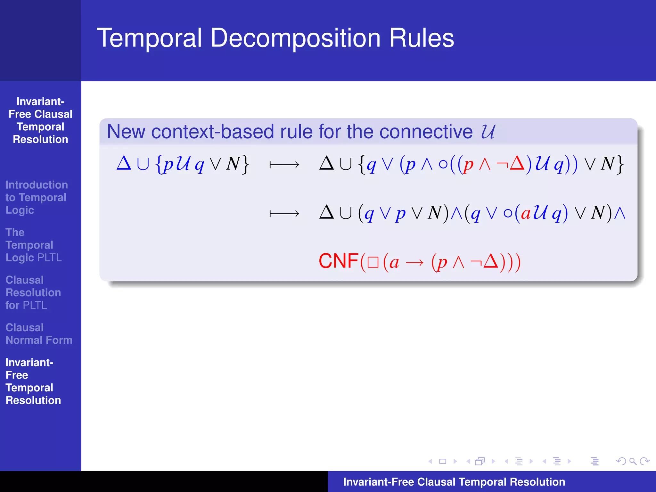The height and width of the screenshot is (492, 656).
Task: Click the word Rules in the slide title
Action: point(422,38)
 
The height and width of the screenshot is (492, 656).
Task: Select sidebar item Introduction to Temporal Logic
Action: point(36,197)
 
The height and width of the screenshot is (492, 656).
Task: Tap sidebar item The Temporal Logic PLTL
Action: point(33,245)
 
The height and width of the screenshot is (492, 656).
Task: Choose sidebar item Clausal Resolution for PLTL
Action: point(33,292)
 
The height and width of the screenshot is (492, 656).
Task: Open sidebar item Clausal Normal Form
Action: point(39,334)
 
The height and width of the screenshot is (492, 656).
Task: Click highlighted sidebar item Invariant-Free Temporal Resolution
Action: point(33,381)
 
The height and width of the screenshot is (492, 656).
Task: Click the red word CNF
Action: point(338,261)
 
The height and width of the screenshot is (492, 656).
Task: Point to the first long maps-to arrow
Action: point(284,165)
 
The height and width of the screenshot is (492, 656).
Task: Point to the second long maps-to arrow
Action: point(284,214)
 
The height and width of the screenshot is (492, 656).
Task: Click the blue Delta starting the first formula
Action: point(124,163)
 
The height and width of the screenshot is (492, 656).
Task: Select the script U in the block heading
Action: point(488,131)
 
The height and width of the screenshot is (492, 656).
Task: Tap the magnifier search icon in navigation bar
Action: point(633,461)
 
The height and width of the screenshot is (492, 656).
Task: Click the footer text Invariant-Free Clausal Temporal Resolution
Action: point(454,482)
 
